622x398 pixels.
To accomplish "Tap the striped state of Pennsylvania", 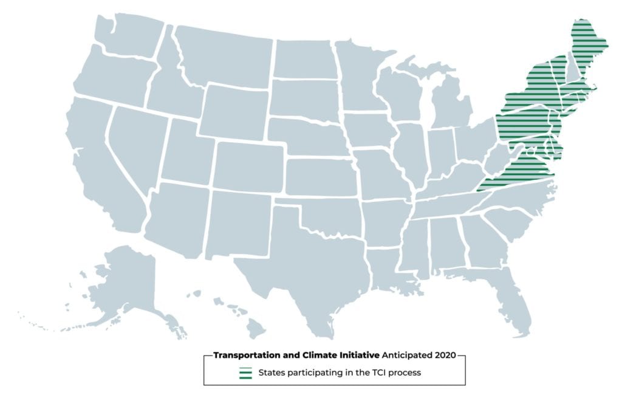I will point(522,122).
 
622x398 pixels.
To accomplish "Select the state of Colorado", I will point(249,167).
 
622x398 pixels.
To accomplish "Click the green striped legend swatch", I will point(245,373).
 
